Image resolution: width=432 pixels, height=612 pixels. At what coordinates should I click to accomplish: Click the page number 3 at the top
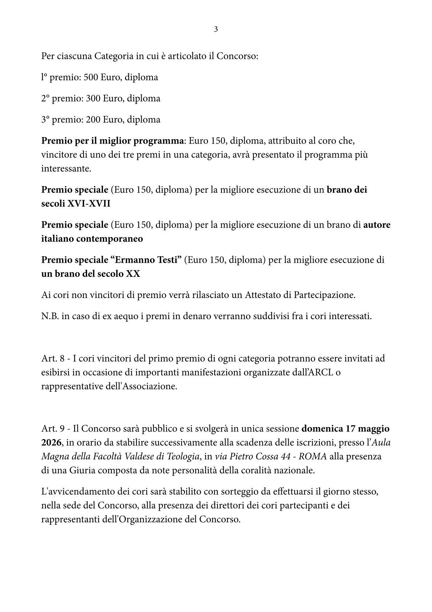pos(216,29)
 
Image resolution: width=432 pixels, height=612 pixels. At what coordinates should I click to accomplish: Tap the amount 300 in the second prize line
pos(93,98)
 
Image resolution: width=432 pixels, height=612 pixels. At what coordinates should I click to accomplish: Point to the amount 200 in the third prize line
pos(93,120)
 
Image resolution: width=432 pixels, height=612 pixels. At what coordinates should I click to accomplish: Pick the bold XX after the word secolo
pos(133,274)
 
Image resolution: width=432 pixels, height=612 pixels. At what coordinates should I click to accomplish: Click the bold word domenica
pos(322,428)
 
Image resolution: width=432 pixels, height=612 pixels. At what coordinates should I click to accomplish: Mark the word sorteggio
pos(235,492)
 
